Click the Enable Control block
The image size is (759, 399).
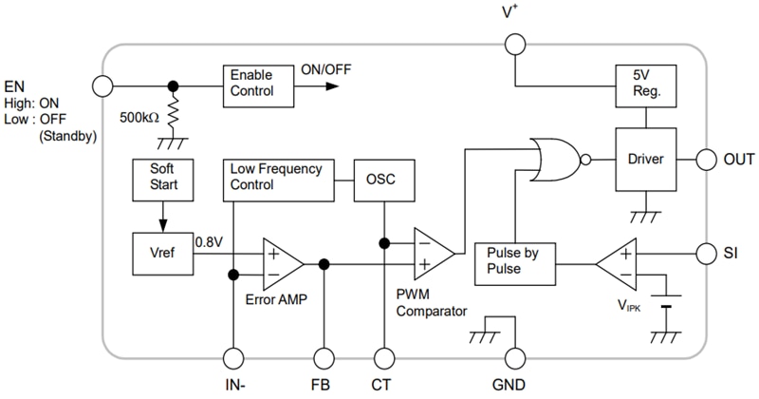(x=252, y=84)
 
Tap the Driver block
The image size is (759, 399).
(x=645, y=159)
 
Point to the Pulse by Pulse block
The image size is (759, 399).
(x=513, y=259)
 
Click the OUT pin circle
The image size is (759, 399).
(x=708, y=159)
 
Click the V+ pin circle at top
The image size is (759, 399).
(x=513, y=44)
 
